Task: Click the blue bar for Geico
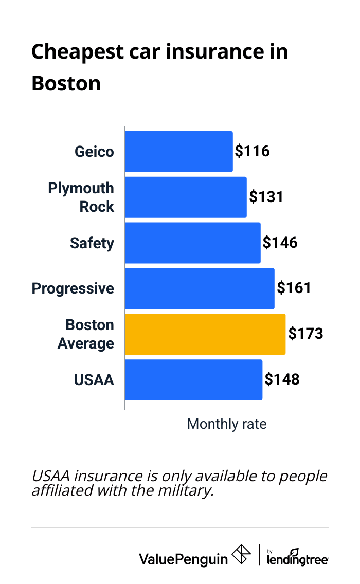pyautogui.click(x=178, y=152)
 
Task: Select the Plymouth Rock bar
pyautogui.click(x=186, y=197)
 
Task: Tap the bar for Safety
pyautogui.click(x=193, y=243)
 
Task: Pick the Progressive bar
pyautogui.click(x=200, y=288)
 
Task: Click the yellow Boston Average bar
pyautogui.click(x=205, y=334)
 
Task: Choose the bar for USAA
pyautogui.click(x=193, y=380)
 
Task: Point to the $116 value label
pyautogui.click(x=252, y=152)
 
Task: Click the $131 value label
pyautogui.click(x=266, y=197)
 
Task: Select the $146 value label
pyautogui.click(x=280, y=243)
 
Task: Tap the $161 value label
pyautogui.click(x=294, y=288)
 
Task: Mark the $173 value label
pyautogui.click(x=305, y=334)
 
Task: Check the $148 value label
pyautogui.click(x=282, y=380)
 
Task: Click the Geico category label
pyautogui.click(x=94, y=152)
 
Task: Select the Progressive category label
pyautogui.click(x=73, y=288)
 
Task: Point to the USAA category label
pyautogui.click(x=94, y=380)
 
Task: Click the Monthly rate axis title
pyautogui.click(x=227, y=424)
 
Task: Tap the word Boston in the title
pyautogui.click(x=66, y=83)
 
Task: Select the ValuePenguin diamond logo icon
pyautogui.click(x=242, y=555)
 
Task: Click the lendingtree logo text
pyautogui.click(x=298, y=559)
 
